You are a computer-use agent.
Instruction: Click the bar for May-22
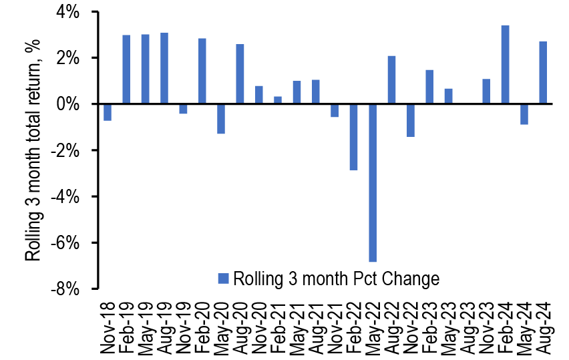(373, 183)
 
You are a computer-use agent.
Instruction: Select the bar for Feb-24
(506, 65)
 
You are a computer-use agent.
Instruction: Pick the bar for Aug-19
(164, 68)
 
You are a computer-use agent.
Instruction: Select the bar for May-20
(221, 119)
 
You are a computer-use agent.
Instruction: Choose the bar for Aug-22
(391, 80)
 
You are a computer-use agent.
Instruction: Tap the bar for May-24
(524, 114)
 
